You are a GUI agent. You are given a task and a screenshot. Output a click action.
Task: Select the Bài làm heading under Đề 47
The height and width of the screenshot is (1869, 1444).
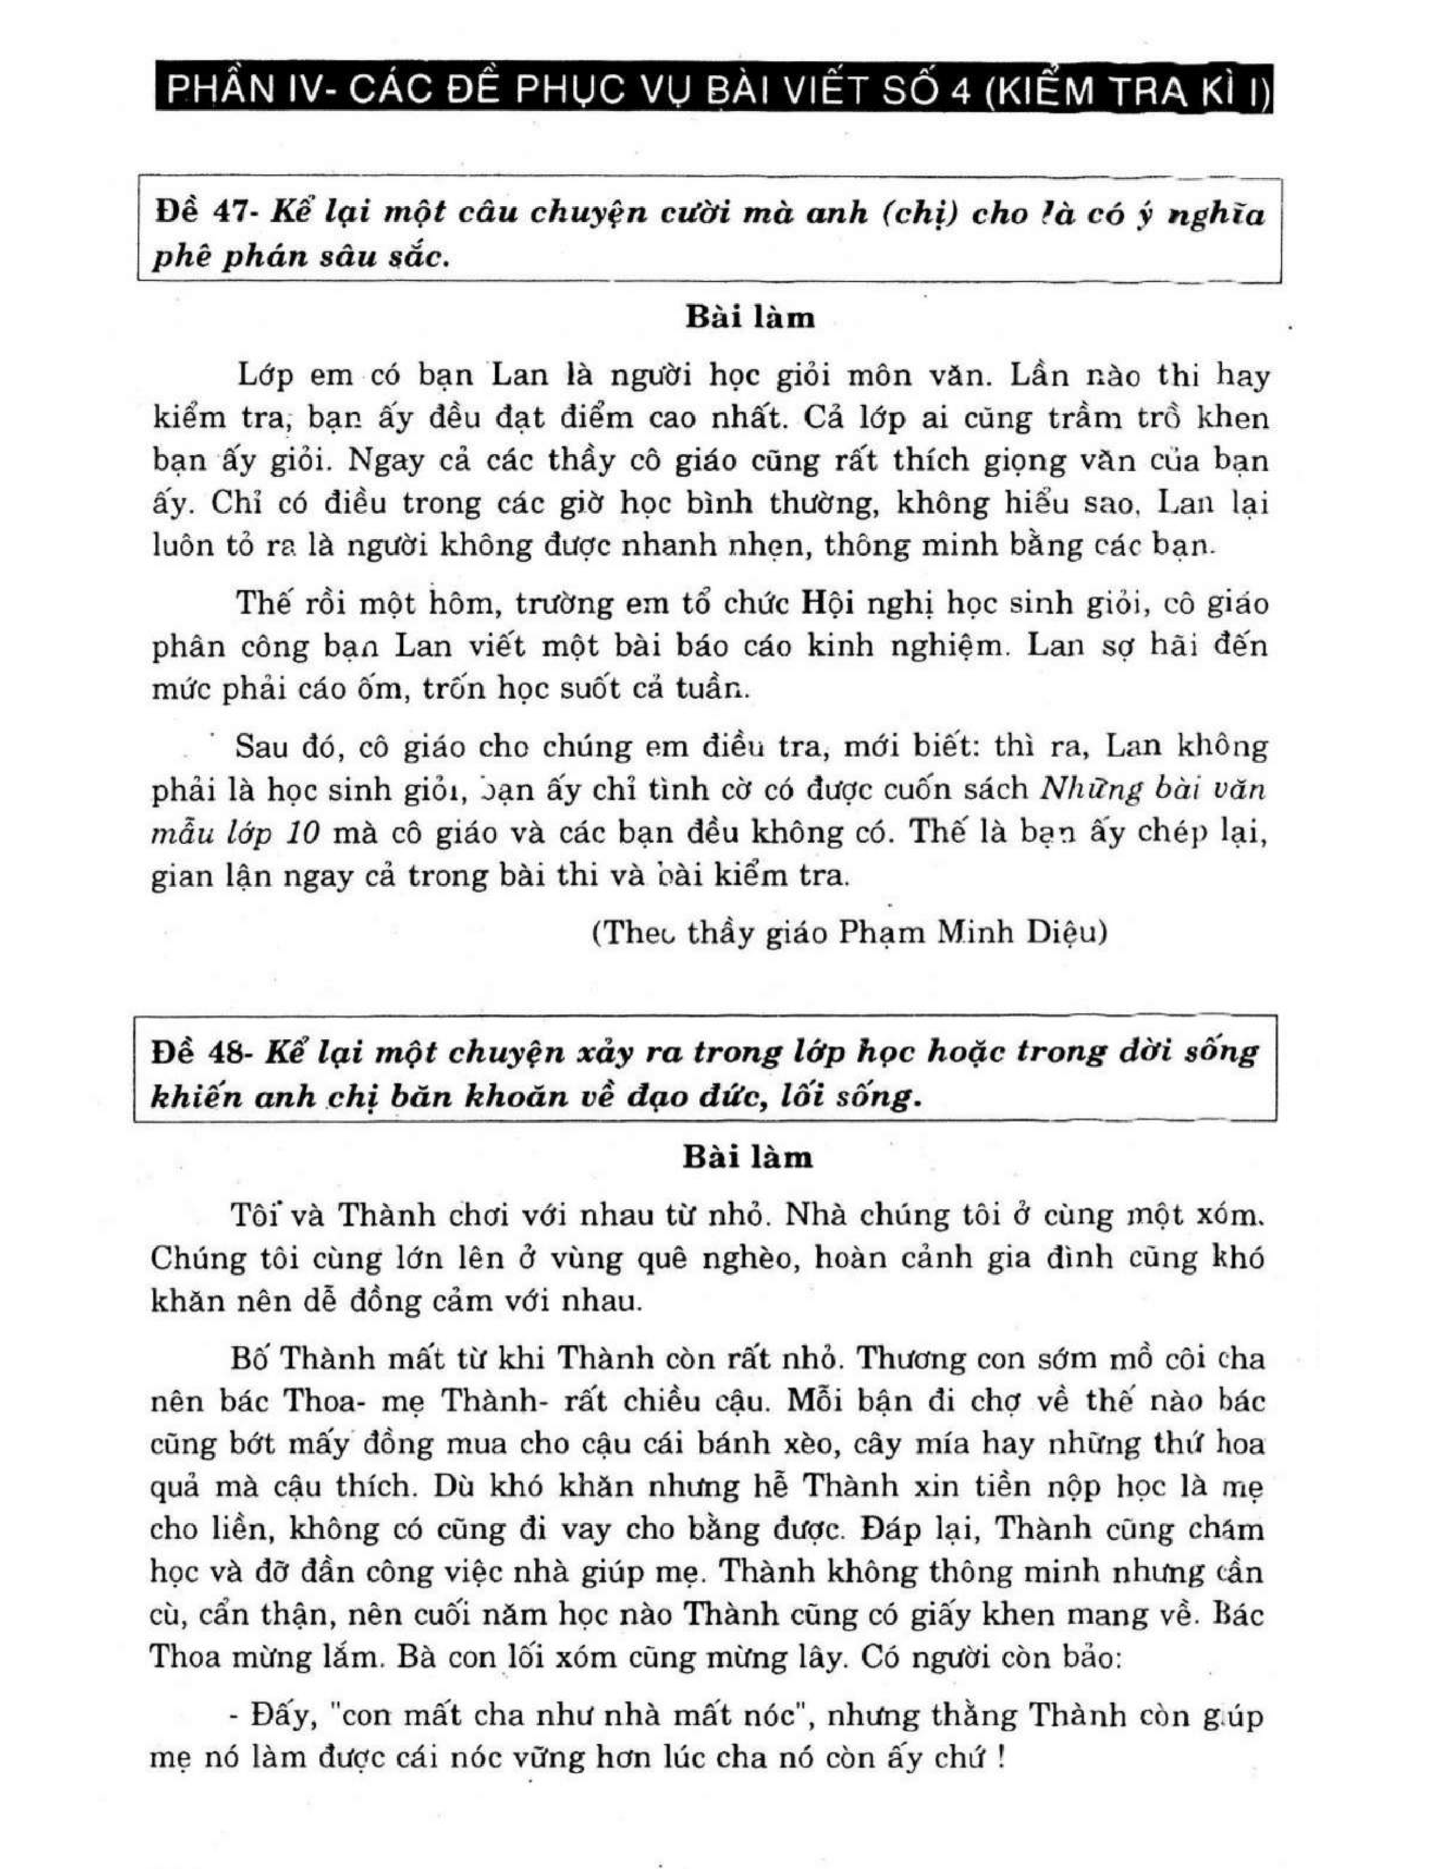click(750, 318)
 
